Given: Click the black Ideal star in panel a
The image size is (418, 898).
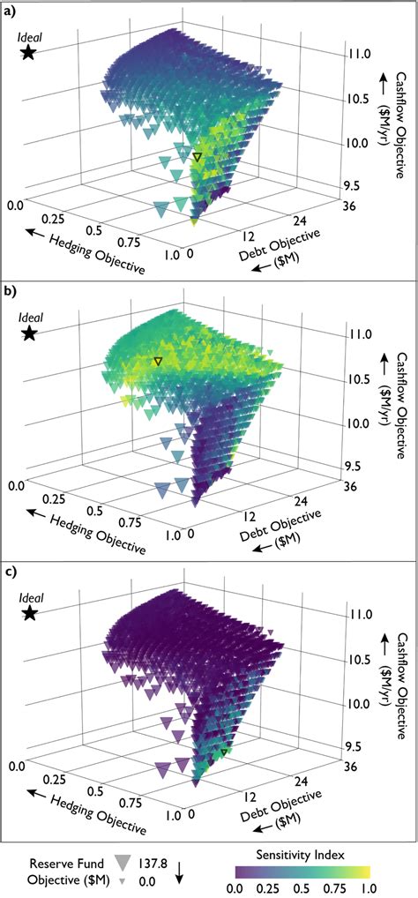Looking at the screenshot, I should click(x=29, y=53).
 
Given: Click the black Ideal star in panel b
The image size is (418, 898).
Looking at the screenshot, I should click(x=29, y=333).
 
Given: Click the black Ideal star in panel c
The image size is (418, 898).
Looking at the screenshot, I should click(x=29, y=613).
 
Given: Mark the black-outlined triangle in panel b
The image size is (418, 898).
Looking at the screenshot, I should click(x=158, y=362).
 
